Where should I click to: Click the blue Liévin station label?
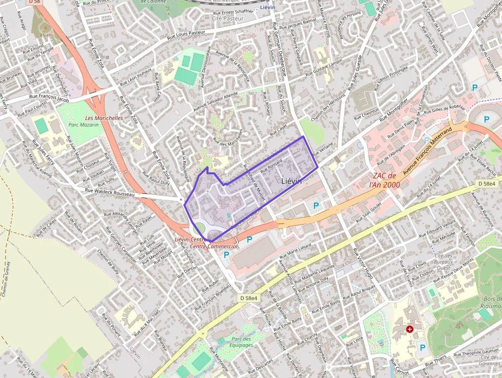click(267, 7)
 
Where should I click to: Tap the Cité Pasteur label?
click(227, 18)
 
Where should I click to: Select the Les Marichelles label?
click(104, 118)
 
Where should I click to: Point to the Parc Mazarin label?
click(83, 125)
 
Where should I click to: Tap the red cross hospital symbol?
click(410, 329)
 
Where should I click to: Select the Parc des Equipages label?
click(242, 342)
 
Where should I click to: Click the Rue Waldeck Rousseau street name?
click(110, 191)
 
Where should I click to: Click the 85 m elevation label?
click(45, 35)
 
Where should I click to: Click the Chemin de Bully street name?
click(108, 262)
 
